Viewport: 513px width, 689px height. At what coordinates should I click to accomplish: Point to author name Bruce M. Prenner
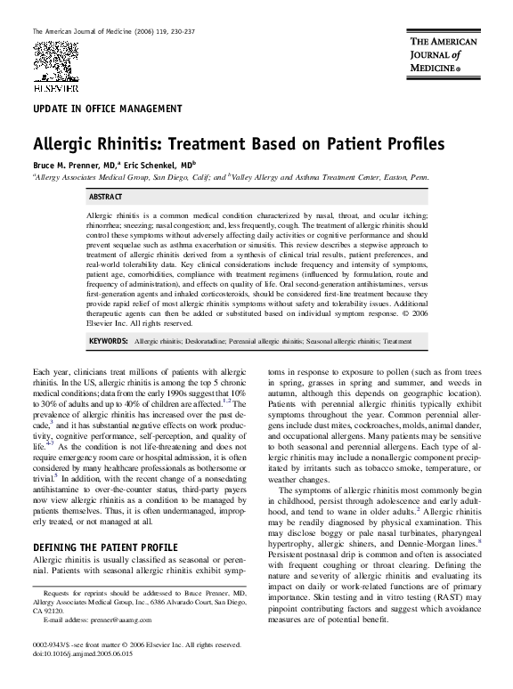[x=69, y=165]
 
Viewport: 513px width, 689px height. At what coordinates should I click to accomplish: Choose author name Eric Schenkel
[x=168, y=165]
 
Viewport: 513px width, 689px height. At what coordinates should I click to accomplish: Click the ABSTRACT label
[x=106, y=196]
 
